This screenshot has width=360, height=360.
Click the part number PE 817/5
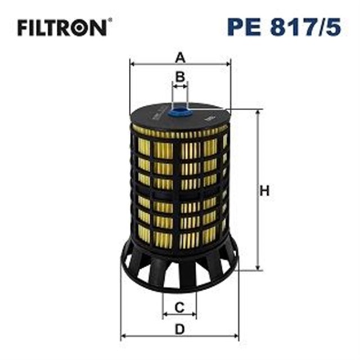coord(283,26)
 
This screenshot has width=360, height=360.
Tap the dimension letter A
coord(180,57)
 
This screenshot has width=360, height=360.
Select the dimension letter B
coord(180,77)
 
